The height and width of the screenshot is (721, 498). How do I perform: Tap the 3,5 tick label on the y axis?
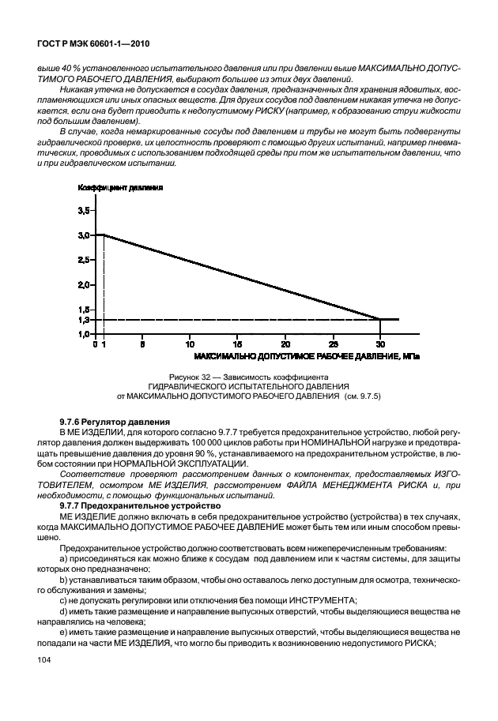(83, 211)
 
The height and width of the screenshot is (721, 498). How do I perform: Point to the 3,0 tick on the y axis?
(83, 235)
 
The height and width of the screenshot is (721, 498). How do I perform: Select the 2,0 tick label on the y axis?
(83, 284)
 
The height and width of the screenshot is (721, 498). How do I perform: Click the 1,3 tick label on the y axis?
(83, 320)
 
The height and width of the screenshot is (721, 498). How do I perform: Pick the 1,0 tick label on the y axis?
(83, 334)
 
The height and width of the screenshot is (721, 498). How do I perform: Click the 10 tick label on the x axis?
(190, 344)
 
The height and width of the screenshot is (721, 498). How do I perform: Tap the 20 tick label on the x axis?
(285, 344)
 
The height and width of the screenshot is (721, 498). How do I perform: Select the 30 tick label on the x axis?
(380, 344)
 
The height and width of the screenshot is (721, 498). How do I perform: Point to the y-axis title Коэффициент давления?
(120, 189)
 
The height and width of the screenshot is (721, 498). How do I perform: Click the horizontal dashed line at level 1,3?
(237, 319)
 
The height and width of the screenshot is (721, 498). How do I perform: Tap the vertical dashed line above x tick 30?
(380, 327)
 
